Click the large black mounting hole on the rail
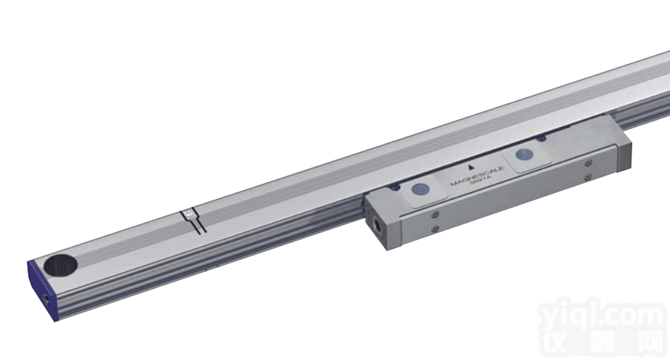(59, 265)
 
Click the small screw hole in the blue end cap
(45, 298)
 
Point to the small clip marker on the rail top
(188, 214)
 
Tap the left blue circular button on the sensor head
(419, 191)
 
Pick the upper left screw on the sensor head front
(433, 214)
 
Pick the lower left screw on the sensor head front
(434, 229)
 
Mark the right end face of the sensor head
(622, 155)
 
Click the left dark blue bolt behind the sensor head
(393, 187)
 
